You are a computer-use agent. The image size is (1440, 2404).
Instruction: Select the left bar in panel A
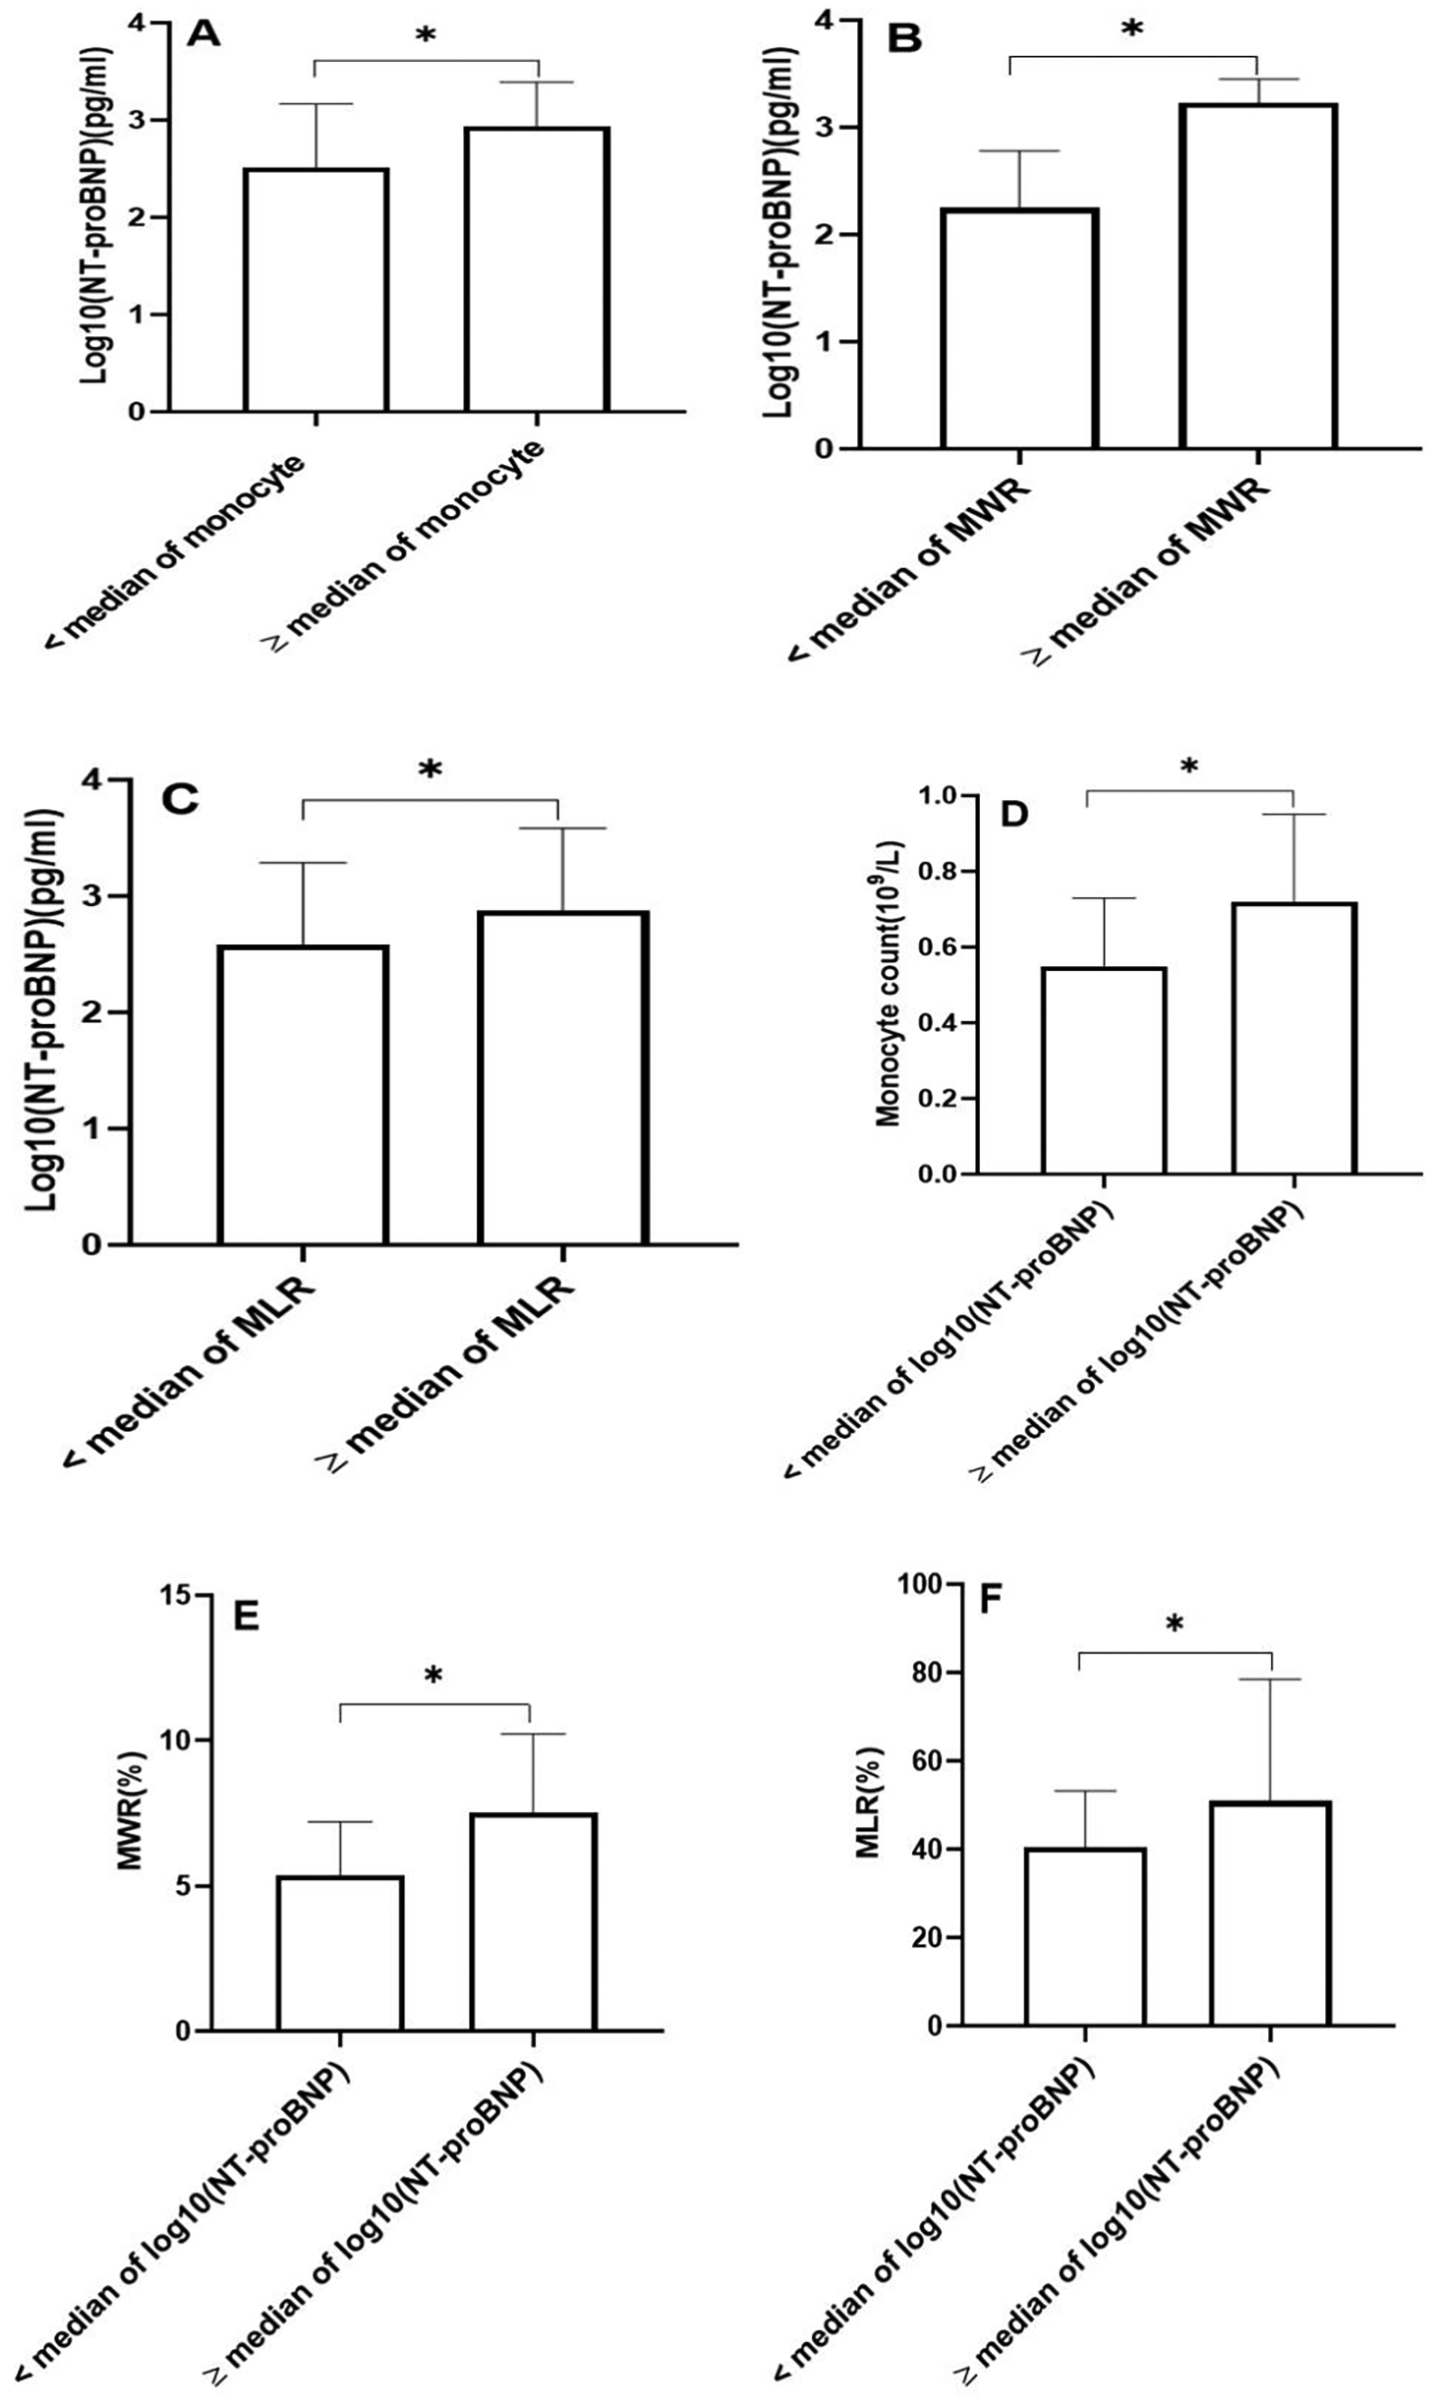click(316, 289)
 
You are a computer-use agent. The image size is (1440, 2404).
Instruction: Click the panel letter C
click(179, 800)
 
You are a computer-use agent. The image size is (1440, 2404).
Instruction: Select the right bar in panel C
click(562, 1077)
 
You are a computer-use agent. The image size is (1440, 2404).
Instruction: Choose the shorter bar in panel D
click(1104, 1070)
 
